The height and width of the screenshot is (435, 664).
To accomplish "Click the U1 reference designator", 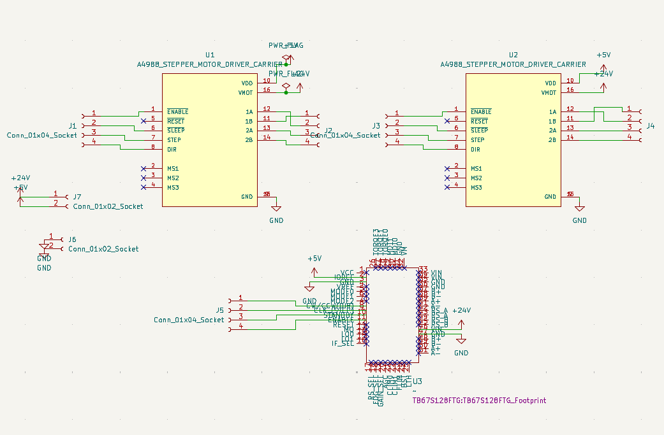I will pyautogui.click(x=210, y=55).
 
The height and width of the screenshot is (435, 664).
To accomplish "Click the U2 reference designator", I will pyautogui.click(x=513, y=55).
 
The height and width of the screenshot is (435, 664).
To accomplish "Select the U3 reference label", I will pyautogui.click(x=418, y=381).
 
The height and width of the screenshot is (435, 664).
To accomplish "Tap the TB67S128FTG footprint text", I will pyautogui.click(x=479, y=401).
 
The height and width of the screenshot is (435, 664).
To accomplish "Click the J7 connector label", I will pyautogui.click(x=77, y=197).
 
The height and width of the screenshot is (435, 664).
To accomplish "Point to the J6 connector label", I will pyautogui.click(x=72, y=239).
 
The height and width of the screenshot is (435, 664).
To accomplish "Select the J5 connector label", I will pyautogui.click(x=220, y=310).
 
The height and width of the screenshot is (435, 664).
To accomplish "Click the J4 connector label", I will pyautogui.click(x=651, y=126).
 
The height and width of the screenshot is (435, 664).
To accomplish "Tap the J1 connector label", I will pyautogui.click(x=72, y=125).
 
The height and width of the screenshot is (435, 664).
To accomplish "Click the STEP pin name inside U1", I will pyautogui.click(x=174, y=140).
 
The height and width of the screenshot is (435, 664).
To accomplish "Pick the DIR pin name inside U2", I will pyautogui.click(x=475, y=150).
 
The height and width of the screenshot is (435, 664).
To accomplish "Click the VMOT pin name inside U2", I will pyautogui.click(x=549, y=93).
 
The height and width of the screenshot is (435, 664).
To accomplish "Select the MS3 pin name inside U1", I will pyautogui.click(x=173, y=188).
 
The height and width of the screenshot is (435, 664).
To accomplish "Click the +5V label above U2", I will pyautogui.click(x=603, y=55).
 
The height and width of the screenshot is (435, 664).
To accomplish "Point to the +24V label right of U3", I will pyautogui.click(x=461, y=310).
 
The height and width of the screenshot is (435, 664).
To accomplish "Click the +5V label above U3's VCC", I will pyautogui.click(x=314, y=259).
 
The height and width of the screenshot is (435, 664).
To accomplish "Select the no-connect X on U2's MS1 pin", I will pyautogui.click(x=446, y=169).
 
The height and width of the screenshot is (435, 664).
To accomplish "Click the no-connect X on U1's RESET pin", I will pyautogui.click(x=143, y=120).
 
